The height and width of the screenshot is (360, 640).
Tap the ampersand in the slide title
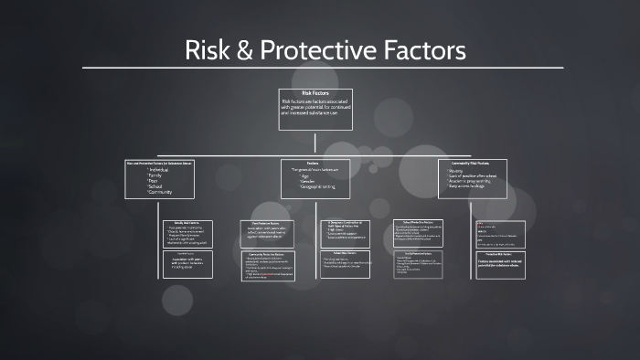(x=241, y=49)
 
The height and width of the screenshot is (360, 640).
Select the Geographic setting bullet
(x=315, y=185)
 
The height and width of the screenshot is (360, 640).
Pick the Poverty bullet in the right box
(x=457, y=170)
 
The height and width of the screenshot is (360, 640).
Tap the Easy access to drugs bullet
(x=472, y=186)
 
